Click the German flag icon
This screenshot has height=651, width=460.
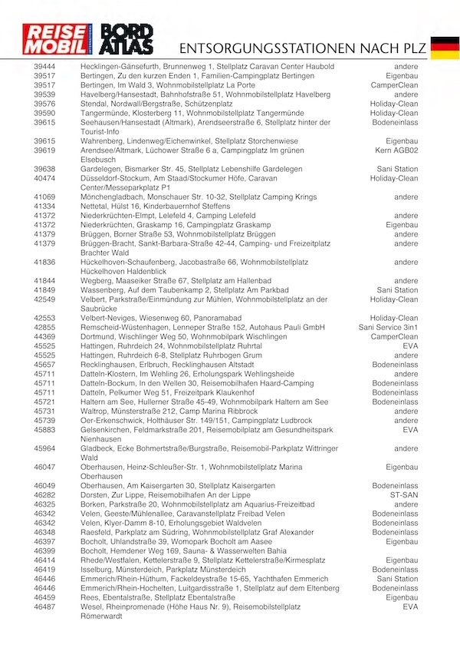(x=444, y=47)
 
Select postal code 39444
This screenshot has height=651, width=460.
(x=44, y=67)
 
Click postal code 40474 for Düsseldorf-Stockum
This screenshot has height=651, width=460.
(x=44, y=178)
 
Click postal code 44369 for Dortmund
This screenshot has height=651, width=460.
(x=44, y=336)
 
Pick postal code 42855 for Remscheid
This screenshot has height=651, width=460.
(x=44, y=327)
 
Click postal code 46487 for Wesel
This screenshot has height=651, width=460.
(x=44, y=606)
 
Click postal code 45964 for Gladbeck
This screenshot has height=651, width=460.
(x=44, y=448)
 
